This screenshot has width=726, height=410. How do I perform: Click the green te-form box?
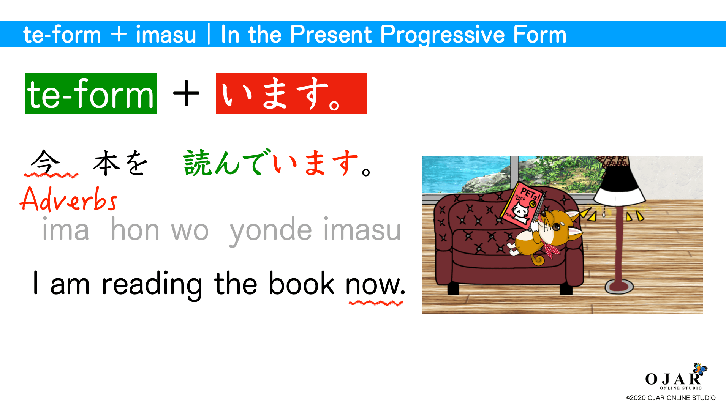(x=91, y=93)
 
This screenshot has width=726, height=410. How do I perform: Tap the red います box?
(x=291, y=93)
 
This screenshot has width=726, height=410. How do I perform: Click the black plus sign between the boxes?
(x=186, y=93)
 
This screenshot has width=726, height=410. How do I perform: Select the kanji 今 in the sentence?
(x=46, y=162)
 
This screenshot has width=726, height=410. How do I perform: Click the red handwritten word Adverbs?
(x=68, y=200)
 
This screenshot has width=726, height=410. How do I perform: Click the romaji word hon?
(x=135, y=230)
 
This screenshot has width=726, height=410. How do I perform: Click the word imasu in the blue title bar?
(x=166, y=35)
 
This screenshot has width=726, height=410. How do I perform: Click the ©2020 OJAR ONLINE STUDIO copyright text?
(x=671, y=398)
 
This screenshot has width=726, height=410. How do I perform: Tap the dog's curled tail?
(x=538, y=260)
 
